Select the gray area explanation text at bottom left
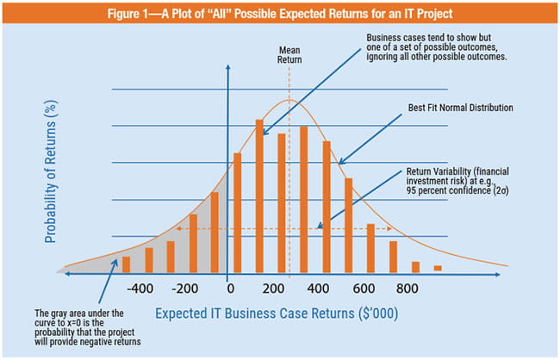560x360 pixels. pos(81,331)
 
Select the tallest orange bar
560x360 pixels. pos(259,196)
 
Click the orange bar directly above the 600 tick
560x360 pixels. pos(370,248)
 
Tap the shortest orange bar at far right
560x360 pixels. pos(438,269)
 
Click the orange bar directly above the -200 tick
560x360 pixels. pos(193,243)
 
